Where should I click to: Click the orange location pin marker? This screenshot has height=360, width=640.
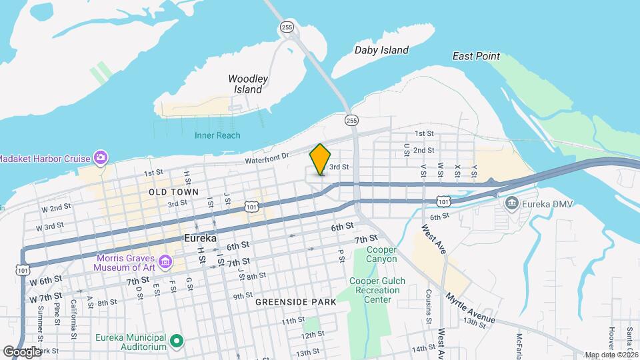pos(321,159)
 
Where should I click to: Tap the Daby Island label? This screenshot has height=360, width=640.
pos(381,50)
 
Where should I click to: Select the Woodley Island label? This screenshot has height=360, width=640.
pos(248,84)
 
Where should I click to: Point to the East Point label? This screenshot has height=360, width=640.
pos(476,56)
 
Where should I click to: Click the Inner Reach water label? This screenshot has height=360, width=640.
pos(217,135)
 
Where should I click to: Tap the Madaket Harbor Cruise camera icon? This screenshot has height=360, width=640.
pos(101,157)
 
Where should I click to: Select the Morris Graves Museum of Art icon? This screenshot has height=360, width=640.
pos(164,263)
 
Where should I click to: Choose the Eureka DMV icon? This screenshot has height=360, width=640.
pos(511,203)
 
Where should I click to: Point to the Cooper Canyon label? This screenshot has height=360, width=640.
pos(382,254)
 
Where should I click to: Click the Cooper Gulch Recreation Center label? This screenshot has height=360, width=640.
pos(378,290)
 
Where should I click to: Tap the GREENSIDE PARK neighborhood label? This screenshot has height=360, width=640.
pos(295,302)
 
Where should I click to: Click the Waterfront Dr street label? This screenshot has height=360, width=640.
pos(265,156)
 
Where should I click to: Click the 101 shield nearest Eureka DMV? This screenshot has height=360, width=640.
pos(443,201)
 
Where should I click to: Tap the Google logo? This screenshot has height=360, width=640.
pos(22,351)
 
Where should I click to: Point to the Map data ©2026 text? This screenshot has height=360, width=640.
pos(611,355)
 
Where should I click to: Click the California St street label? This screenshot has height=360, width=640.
pos(73,310)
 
